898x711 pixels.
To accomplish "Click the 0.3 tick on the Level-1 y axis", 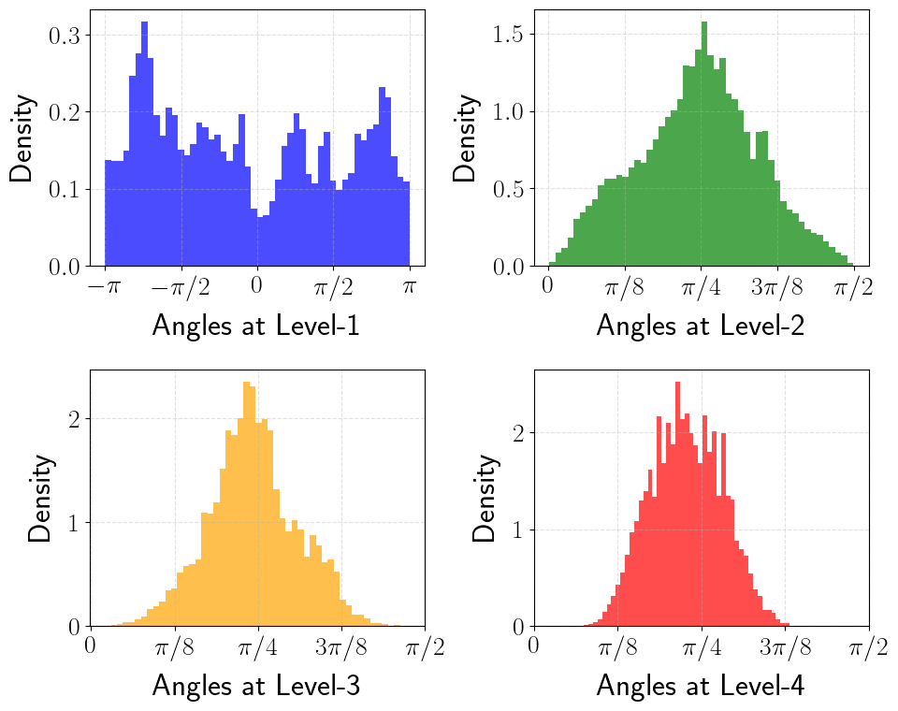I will click(x=70, y=35).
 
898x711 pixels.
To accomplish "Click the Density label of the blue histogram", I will click(x=25, y=138).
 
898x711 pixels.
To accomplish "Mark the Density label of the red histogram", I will click(x=485, y=498).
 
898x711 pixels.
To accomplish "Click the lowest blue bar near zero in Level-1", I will click(x=261, y=241).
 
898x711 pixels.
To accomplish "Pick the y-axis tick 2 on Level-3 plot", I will click(x=76, y=418).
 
